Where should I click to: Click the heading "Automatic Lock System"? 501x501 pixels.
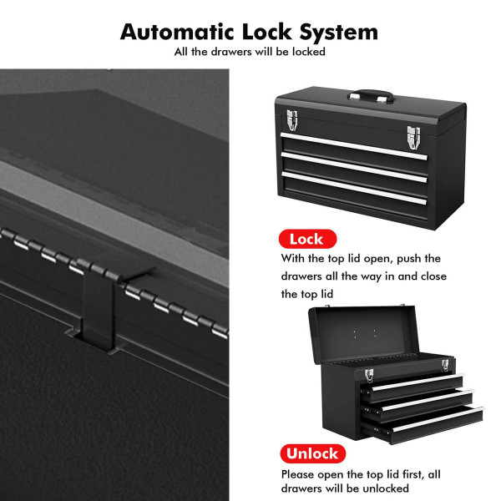249,32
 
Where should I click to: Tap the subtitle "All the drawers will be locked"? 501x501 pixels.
249,52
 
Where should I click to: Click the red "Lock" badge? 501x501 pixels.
305,240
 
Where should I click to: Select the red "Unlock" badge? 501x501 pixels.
313,454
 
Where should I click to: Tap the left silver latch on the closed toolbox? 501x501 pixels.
291,121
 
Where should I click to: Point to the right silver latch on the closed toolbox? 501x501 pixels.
412,135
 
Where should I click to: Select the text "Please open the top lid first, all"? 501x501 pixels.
361,473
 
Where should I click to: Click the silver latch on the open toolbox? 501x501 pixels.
444,365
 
